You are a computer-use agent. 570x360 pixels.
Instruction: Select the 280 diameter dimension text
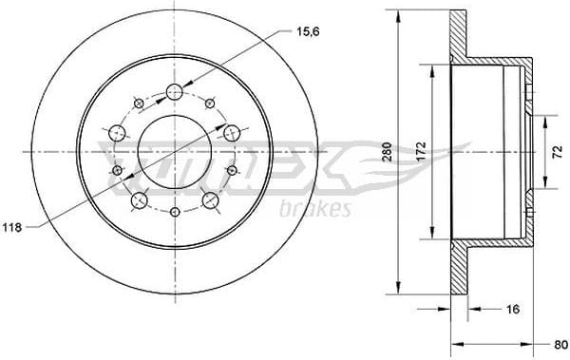coord(387,153)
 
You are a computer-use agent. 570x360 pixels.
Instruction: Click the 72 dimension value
coord(558,153)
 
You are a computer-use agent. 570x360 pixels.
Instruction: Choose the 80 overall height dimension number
coord(560,345)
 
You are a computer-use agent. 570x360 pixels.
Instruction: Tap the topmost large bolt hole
coord(174,91)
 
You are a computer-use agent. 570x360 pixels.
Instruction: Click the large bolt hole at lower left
coord(139,199)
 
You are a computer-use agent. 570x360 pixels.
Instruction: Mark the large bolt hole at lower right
coord(210,199)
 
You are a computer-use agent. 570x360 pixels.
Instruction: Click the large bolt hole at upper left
coord(118,133)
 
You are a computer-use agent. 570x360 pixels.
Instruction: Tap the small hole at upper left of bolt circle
coord(139,102)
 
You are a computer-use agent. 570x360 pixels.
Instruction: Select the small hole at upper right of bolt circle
coord(210,102)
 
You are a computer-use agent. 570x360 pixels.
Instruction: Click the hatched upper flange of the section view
coord(459,38)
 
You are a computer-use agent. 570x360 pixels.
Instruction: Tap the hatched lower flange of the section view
coord(459,271)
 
